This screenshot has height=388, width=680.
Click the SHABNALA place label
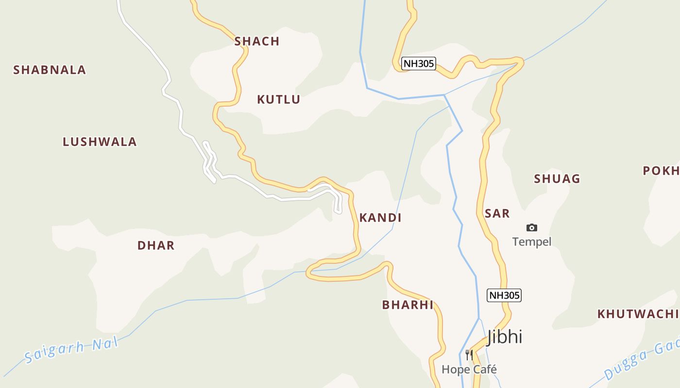pos(50,70)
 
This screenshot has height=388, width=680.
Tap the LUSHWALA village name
pos(100,142)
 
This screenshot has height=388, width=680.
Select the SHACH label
pos(257,42)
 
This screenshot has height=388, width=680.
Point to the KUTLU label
pos(279,100)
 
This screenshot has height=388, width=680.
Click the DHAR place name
pos(156,245)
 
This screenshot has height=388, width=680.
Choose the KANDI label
pos(380,218)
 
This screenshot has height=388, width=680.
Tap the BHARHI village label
pos(408,305)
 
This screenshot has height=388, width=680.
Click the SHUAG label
pos(557,179)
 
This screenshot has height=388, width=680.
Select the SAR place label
pos(497,213)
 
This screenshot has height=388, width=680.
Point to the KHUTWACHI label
pos(638,314)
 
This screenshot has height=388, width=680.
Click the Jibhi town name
pos(505,337)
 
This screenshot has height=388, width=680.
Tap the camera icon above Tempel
pos(532,227)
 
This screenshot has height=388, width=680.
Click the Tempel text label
pos(532,242)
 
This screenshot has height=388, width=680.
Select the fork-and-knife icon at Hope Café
pos(469,355)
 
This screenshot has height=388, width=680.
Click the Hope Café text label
pos(469,370)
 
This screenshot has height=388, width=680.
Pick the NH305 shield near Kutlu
pos(418,64)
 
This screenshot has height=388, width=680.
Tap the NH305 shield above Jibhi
pos(504,295)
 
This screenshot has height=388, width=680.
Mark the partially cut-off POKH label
pos(661,171)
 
